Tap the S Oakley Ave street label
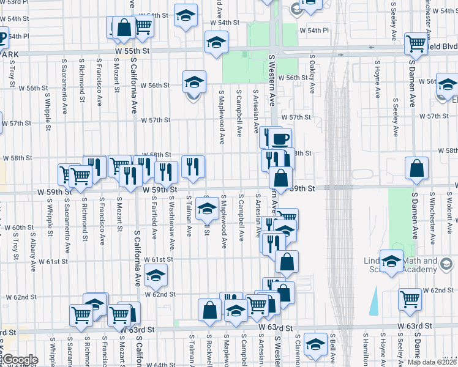pos(312,73)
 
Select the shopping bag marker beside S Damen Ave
pos(416,169)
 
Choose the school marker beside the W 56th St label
pos(194,81)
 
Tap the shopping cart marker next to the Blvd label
pos(416,43)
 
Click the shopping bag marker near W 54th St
pos(123,28)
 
